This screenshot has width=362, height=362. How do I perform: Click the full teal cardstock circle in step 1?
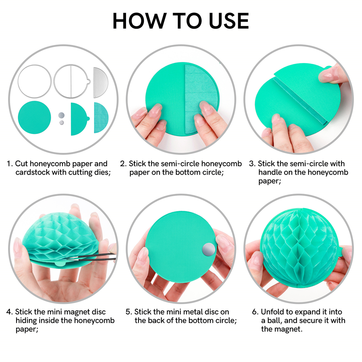point(34,118)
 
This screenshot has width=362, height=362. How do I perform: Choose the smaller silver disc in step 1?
point(61,123)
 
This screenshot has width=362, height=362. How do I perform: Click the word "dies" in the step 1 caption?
point(100,172)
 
